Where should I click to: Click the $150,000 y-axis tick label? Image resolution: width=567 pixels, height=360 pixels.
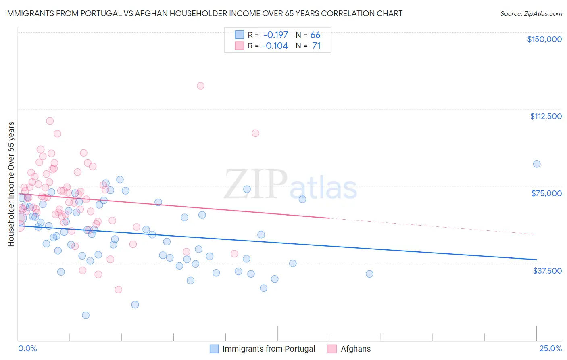point(544,39)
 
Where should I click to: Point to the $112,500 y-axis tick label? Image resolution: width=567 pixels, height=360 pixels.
point(546,116)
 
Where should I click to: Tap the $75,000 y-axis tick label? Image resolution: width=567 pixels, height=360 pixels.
point(546,193)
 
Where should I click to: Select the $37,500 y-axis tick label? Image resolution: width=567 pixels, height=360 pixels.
point(547,270)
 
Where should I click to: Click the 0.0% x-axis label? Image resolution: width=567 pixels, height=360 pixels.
point(27,349)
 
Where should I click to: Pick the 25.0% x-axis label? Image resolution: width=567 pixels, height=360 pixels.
point(550,349)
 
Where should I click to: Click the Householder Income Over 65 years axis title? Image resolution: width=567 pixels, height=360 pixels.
point(11,184)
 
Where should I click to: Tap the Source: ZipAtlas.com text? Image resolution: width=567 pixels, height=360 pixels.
point(531,13)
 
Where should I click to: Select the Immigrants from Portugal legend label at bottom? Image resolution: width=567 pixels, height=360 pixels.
point(269,349)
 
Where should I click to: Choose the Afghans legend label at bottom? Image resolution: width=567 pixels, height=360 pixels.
point(355,349)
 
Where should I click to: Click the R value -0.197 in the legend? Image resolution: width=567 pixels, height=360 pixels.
point(275,35)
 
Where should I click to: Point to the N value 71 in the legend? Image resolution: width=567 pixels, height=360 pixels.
point(316,46)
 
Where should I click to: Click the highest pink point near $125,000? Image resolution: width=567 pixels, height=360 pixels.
point(200,86)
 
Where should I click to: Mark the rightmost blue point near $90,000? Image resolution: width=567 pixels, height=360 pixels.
point(537,164)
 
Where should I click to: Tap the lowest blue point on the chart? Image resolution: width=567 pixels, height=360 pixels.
point(85,315)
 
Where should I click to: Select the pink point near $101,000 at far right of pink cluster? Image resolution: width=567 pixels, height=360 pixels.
point(255,133)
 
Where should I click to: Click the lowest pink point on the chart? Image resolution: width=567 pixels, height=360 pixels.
point(118,289)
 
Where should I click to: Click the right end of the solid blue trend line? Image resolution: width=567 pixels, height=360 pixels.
point(536,260)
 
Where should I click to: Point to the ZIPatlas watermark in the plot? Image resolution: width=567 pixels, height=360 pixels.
point(290,184)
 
